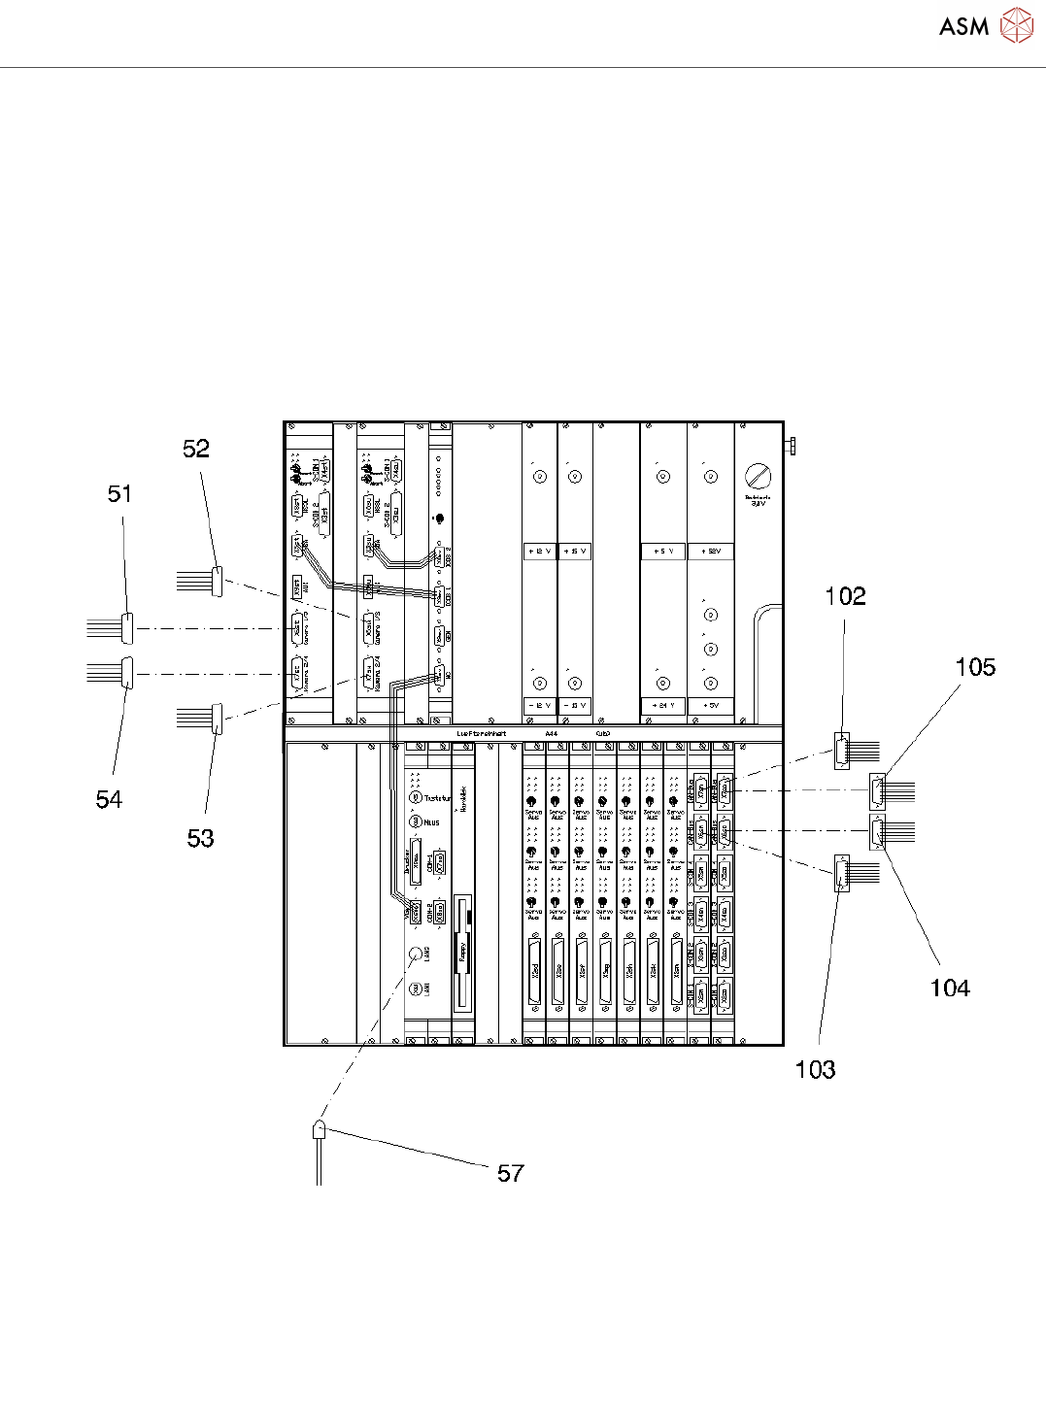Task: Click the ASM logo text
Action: point(963,26)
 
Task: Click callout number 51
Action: point(119,494)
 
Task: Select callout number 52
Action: point(196,449)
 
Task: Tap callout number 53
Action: point(200,838)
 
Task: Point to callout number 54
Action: point(109,799)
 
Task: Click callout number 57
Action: point(511,1173)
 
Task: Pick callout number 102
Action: point(845,596)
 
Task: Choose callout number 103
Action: point(815,1069)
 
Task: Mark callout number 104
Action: point(950,988)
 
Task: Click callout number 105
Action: point(975,667)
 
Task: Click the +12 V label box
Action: point(539,551)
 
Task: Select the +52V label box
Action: point(711,551)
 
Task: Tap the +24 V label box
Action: point(663,705)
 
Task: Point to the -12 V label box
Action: point(539,705)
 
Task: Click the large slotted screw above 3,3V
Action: point(758,476)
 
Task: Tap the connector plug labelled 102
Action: point(842,751)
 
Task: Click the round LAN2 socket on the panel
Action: point(415,954)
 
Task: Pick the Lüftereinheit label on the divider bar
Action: point(481,733)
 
